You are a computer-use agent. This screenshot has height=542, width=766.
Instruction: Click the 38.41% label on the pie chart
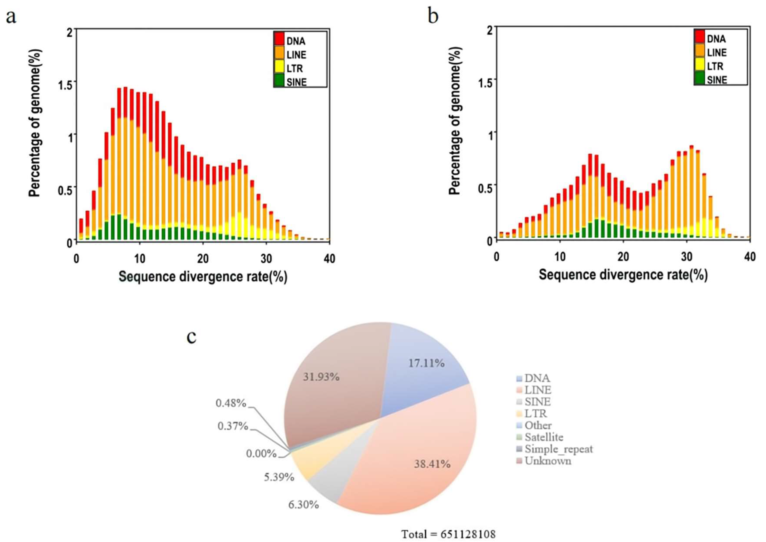pos(432,464)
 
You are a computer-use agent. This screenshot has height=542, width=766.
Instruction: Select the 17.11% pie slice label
pos(426,363)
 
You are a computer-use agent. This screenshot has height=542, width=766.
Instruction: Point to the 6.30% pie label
pos(303,505)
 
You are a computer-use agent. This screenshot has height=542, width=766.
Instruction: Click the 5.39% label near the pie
pos(279,477)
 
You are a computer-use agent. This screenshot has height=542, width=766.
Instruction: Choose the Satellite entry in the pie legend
pos(544,437)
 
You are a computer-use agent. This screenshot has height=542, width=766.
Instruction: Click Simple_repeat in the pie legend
pos(558,449)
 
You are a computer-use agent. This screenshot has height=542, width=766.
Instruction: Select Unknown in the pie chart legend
pos(548,461)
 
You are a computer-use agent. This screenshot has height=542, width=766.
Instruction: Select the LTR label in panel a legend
pos(294,69)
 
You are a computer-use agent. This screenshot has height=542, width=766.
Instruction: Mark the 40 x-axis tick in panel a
pos(329,259)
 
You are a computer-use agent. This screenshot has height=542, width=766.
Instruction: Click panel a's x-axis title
pos(203,277)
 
